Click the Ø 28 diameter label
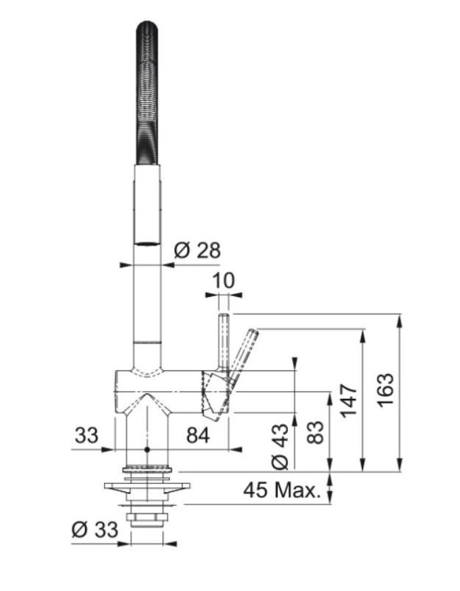pos(196,250)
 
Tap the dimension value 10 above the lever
pos(222,281)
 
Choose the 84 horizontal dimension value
pos(197,436)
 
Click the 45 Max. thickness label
pos(283,490)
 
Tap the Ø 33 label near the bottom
pos(95,529)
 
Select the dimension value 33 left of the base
pos(87,436)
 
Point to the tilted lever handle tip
pos(253,334)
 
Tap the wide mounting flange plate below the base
pos(148,488)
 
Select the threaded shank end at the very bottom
pos(148,522)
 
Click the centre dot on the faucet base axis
pos(148,448)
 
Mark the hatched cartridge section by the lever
pos(212,392)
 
